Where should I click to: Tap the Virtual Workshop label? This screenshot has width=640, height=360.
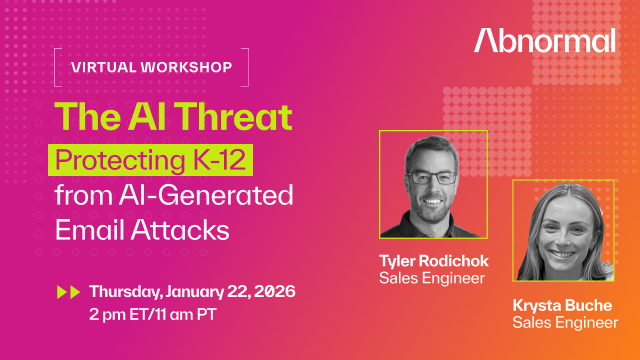coord(152,68)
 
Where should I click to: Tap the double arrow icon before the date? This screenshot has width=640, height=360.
coord(69,292)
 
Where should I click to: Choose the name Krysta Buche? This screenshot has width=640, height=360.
coord(561,306)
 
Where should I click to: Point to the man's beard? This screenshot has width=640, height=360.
coord(431,200)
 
